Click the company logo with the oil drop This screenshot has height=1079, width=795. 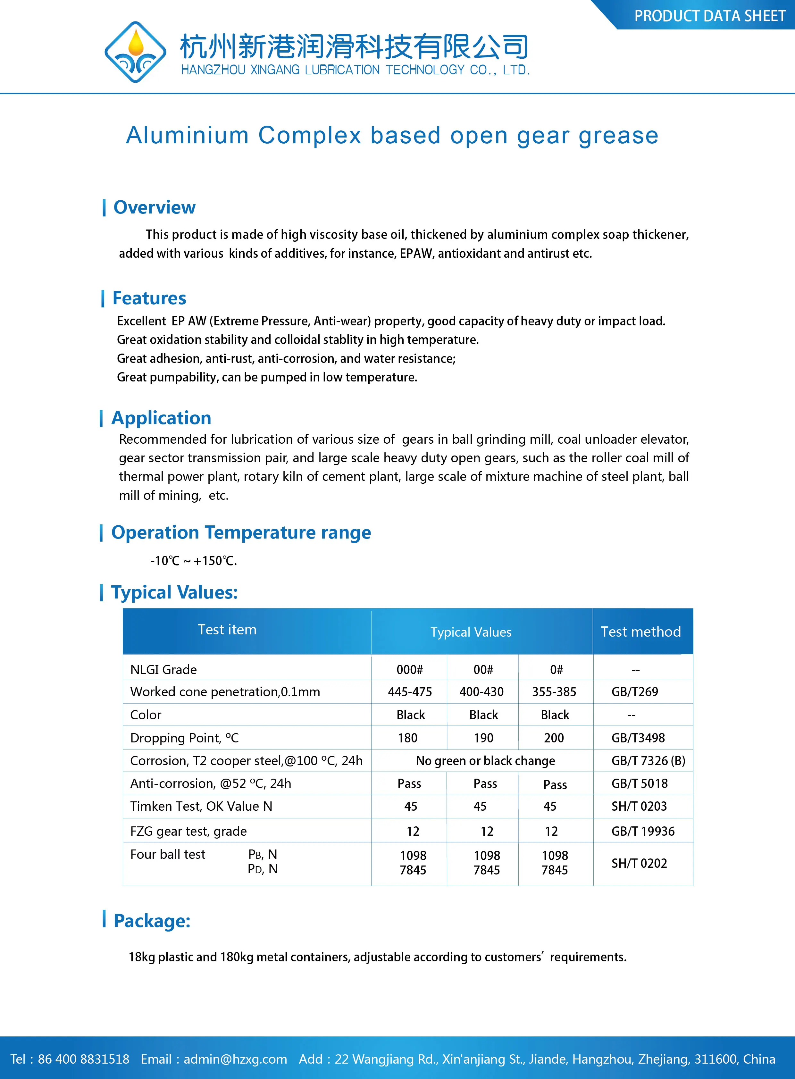point(135,52)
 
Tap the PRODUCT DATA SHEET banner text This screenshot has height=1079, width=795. point(709,16)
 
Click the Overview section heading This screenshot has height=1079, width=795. point(154,207)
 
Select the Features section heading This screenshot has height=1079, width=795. point(149,298)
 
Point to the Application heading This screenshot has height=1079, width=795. point(161,418)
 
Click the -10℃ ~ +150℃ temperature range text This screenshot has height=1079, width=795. point(193,561)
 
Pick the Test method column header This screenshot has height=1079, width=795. point(640,632)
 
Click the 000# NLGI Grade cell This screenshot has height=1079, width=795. point(410,669)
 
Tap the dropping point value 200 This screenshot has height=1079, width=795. point(554,738)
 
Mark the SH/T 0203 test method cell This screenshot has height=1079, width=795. point(639,806)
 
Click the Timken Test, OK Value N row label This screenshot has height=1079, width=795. point(201,806)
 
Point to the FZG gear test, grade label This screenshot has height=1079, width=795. point(188,831)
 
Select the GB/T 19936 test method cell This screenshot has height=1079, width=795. point(643,831)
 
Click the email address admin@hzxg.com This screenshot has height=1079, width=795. point(235,1059)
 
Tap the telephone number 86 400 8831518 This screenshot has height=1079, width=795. point(83,1059)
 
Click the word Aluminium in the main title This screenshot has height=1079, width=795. point(187,135)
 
